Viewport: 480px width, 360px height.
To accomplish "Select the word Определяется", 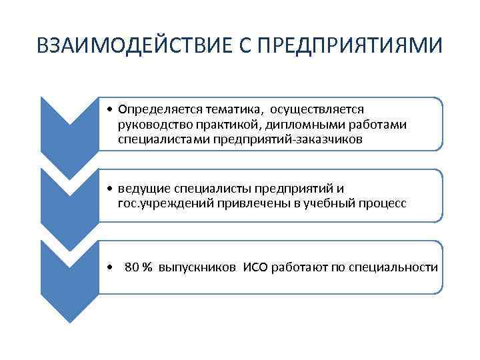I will point(155,109).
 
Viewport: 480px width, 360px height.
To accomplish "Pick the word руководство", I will point(151,125).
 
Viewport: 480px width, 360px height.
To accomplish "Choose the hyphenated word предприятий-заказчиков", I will point(288,139).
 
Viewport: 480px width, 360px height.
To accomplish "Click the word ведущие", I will point(139,189).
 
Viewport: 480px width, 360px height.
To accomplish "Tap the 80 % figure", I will point(139,268).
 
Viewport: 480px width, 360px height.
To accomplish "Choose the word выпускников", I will point(197,268).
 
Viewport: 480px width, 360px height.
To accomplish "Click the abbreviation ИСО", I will point(256,268).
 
